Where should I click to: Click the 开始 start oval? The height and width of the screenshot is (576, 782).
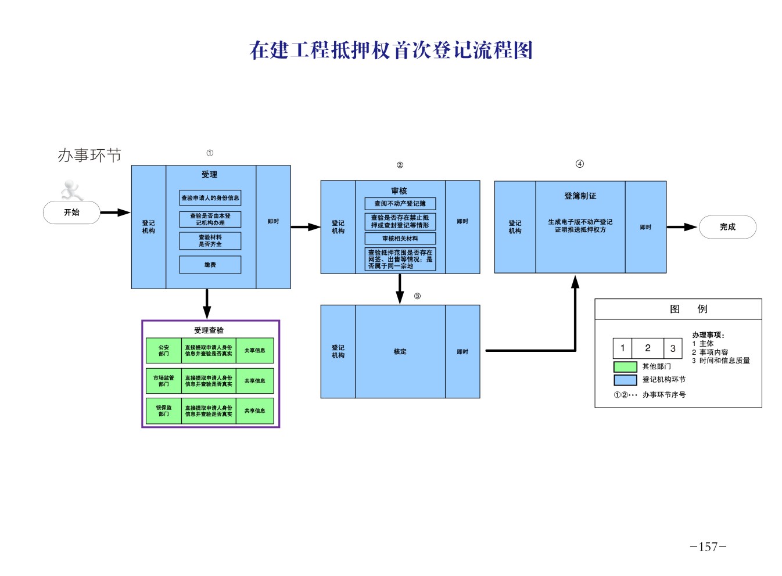[71, 213]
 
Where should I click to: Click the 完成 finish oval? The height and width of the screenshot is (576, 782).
[727, 227]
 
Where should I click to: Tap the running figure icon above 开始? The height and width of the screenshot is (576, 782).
[72, 190]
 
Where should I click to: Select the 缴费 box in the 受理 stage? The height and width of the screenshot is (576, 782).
[210, 265]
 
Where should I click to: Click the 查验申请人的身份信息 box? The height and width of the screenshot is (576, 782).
[210, 198]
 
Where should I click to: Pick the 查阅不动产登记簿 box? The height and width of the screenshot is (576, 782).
[400, 204]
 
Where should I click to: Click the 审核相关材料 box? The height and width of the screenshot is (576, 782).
[400, 239]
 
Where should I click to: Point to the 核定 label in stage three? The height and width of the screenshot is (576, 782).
[400, 351]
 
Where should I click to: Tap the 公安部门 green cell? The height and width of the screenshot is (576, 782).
[164, 351]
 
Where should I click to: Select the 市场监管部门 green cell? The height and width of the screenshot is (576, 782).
[164, 381]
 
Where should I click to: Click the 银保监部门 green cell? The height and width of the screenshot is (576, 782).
[164, 411]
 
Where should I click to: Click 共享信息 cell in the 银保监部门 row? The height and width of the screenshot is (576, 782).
[254, 411]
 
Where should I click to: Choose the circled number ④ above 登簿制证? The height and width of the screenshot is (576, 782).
[579, 164]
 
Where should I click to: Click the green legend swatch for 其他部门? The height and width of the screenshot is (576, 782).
[625, 367]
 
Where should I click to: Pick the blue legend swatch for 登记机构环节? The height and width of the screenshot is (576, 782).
[625, 380]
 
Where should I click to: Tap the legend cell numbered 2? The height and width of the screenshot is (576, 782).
[647, 348]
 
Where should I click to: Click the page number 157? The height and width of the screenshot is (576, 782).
[708, 547]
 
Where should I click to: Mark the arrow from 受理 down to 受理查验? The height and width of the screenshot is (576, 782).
[207, 303]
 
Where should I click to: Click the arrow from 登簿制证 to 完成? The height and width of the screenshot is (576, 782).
[681, 227]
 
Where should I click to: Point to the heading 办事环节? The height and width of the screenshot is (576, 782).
[89, 155]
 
